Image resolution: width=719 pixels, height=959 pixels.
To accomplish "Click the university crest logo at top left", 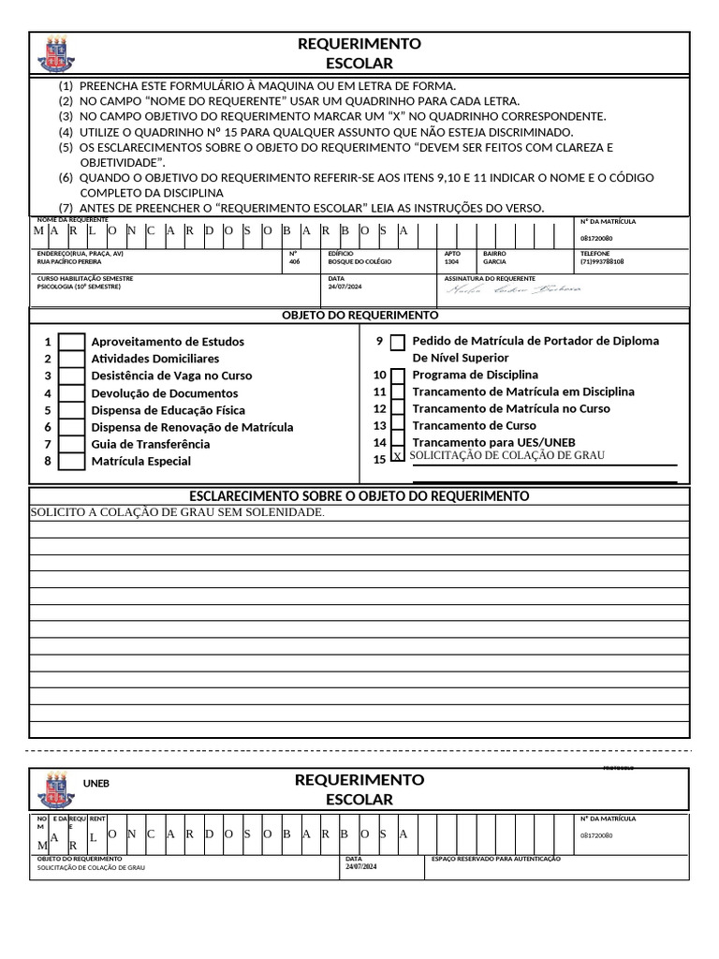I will tap(54, 54).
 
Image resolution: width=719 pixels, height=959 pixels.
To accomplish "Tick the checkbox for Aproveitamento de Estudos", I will tap(71, 342).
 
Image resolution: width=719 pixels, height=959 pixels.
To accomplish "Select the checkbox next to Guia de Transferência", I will tap(71, 444).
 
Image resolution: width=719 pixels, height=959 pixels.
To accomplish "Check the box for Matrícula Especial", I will tap(71, 461).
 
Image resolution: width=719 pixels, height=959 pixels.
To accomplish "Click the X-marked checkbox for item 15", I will tap(398, 456).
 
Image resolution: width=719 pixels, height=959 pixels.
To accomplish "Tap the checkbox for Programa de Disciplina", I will tap(398, 376).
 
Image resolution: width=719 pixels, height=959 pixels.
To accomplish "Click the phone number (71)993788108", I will tap(602, 262).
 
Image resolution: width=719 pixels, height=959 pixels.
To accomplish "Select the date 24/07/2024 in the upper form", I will tap(345, 287).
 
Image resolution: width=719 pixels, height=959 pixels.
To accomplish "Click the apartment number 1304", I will tap(451, 262).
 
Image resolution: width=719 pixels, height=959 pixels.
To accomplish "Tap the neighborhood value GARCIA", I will tap(494, 262).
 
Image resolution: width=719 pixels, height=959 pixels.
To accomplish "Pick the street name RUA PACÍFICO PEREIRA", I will tap(68, 262).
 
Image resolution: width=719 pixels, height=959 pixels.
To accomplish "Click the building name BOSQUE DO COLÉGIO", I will tap(359, 262).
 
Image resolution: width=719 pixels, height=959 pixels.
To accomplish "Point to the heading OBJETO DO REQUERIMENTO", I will tap(359, 316).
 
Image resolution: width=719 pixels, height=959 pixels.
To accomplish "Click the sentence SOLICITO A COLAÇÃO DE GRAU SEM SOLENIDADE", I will tap(178, 512).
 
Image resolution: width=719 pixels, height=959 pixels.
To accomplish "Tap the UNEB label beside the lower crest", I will tap(96, 783).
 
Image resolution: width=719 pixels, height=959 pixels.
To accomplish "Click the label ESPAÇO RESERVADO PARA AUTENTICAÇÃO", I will tap(495, 859).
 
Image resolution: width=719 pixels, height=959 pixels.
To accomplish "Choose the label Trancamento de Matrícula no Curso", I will tap(510, 409).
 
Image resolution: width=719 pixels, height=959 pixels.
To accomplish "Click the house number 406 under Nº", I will tap(295, 262).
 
